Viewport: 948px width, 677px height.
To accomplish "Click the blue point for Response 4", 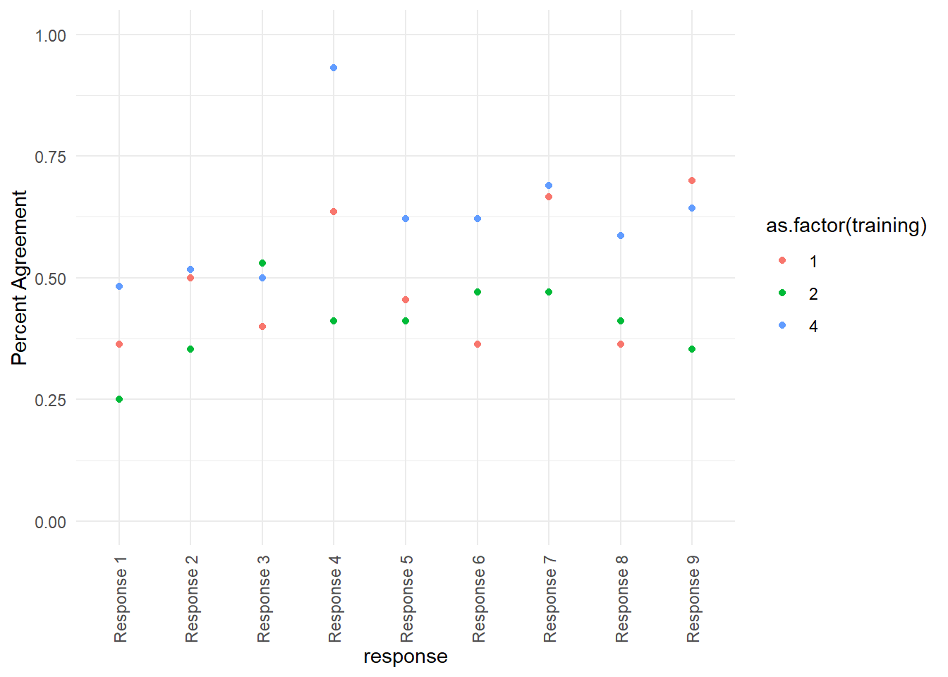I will coord(334,68).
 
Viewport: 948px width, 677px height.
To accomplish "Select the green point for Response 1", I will coord(119,399).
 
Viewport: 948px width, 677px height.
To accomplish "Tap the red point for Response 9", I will coord(692,181).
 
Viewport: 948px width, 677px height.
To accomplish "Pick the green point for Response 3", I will coord(262,263).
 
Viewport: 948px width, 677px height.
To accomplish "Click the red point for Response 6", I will coord(478,344).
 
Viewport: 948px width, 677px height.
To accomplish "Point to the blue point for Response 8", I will coord(621,236).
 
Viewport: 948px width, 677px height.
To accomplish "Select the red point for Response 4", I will coord(334,212).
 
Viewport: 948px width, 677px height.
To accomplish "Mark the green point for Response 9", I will coord(692,349).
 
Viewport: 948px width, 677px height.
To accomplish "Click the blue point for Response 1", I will coord(119,286).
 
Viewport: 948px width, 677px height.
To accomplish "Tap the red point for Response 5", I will coord(406,300).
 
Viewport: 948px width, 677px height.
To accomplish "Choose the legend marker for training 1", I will coord(782,261).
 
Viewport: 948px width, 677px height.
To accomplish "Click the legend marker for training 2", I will coord(782,293).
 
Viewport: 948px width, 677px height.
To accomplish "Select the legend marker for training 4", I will coord(782,326).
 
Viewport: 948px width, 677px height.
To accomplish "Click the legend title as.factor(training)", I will coord(846,226).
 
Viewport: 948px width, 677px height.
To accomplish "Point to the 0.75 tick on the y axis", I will coord(51,157).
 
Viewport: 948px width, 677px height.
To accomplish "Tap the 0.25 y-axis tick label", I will coord(51,400).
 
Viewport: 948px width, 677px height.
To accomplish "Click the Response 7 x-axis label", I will coord(550,599).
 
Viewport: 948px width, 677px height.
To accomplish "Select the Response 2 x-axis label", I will coord(192,599).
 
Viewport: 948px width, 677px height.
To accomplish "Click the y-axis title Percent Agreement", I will coord(19,277).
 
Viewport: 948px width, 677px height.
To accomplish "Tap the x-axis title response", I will coord(406,657).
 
